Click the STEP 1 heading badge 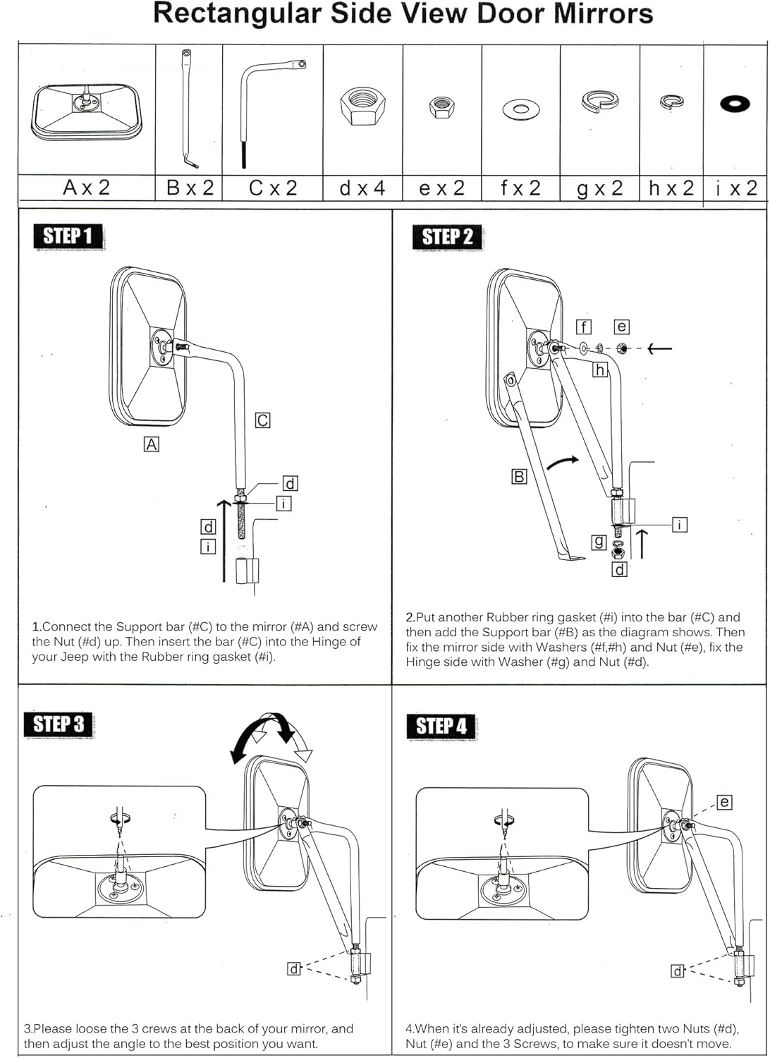click(x=68, y=236)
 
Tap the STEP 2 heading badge click(x=447, y=237)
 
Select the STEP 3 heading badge click(x=59, y=724)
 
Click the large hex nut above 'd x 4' click(x=362, y=107)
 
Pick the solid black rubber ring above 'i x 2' click(x=735, y=104)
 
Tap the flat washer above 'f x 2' click(x=521, y=109)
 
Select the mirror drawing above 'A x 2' click(x=87, y=111)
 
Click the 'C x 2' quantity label click(x=273, y=188)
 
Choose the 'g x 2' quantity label click(x=600, y=188)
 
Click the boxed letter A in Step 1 click(x=151, y=444)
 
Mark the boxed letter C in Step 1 click(x=262, y=420)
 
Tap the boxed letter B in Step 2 click(x=519, y=477)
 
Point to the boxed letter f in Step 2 click(x=583, y=327)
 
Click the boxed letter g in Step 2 click(x=599, y=542)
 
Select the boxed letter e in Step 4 click(x=724, y=802)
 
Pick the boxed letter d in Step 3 click(x=294, y=968)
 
